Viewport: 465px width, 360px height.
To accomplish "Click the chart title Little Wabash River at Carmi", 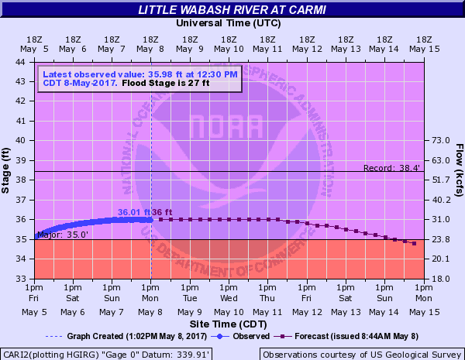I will pyautogui.click(x=232, y=9).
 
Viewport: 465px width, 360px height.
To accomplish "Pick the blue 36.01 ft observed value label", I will pyautogui.click(x=133, y=212).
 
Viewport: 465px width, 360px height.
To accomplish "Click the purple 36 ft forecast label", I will pyautogui.click(x=161, y=212).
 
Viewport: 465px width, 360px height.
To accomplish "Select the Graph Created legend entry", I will pyautogui.click(x=126, y=336).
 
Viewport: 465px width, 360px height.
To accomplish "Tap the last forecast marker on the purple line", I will pyautogui.click(x=415, y=244).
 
